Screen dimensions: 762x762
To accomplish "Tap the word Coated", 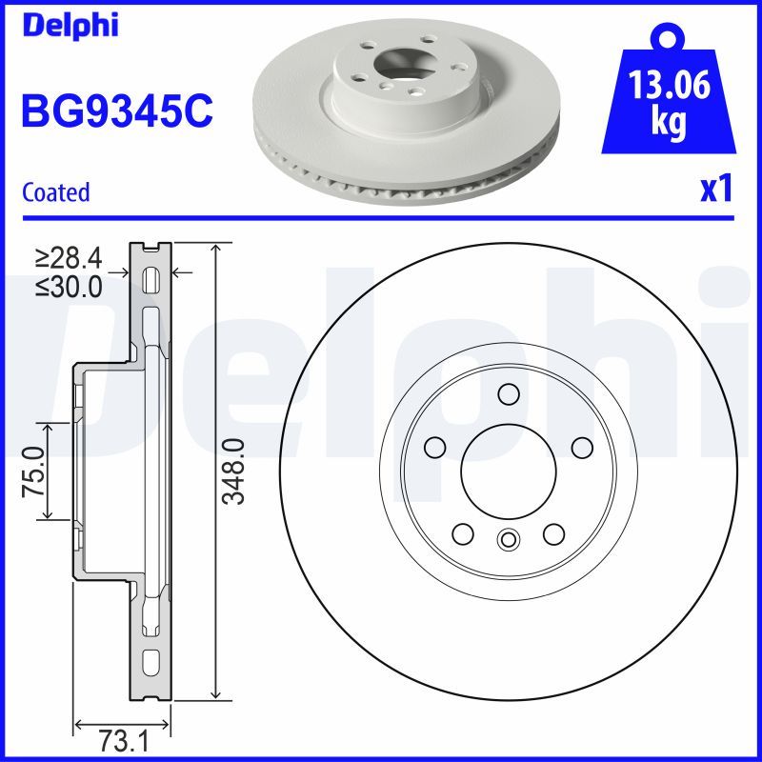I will tap(55, 192).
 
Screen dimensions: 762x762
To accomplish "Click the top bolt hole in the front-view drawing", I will tap(508, 394).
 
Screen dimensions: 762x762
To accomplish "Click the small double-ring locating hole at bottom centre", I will tap(508, 540).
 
